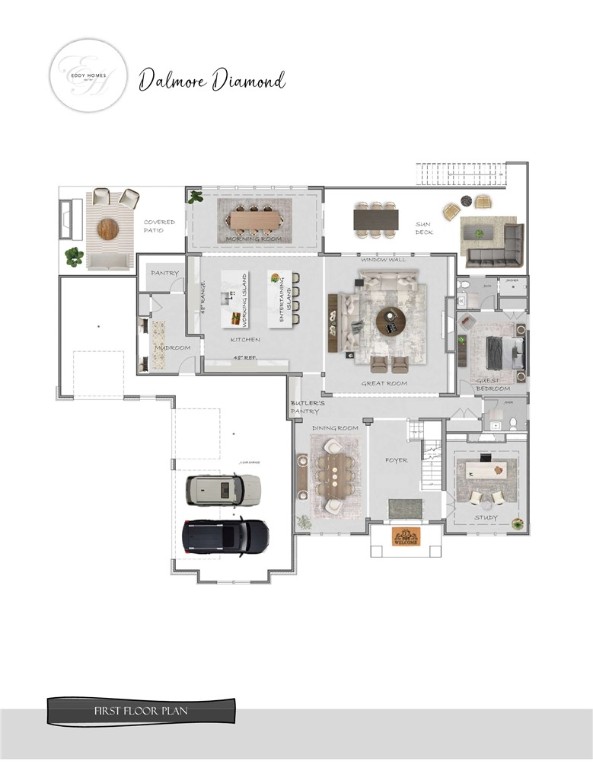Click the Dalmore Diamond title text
[212, 80]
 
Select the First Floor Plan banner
[142, 712]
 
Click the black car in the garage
[226, 535]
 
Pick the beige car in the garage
[223, 489]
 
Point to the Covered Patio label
[159, 226]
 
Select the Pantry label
[164, 272]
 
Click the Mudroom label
[173, 347]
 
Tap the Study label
[486, 517]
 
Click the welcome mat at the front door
[405, 535]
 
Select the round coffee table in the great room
[390, 320]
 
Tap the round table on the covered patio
[108, 229]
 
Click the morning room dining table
[257, 218]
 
